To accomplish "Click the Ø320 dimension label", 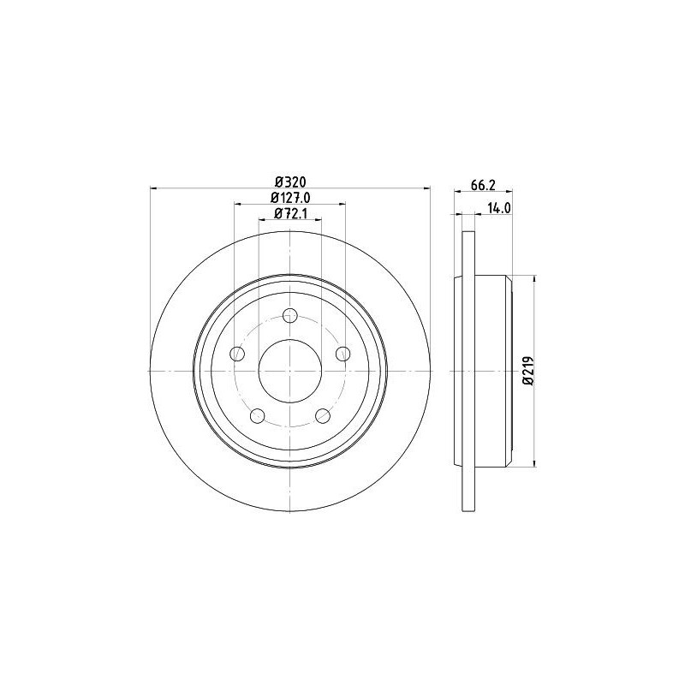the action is tap(290, 182).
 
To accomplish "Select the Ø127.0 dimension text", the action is tap(290, 198).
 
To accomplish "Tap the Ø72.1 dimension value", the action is tap(290, 213).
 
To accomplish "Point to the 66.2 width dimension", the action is tap(483, 185).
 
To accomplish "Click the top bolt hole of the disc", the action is tap(290, 314).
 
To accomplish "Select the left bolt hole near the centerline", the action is tap(237, 353).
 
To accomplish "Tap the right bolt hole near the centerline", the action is tap(343, 353).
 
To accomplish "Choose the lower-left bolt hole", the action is tap(258, 415).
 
